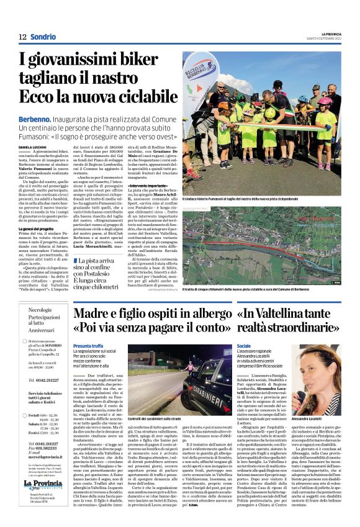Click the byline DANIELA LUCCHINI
(33, 147)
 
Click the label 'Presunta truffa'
(88, 346)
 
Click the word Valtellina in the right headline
(277, 314)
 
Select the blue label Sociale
(244, 346)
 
